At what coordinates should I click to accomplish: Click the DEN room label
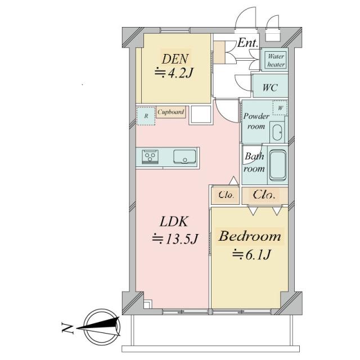tap(175, 59)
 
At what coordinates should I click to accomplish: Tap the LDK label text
tap(174, 222)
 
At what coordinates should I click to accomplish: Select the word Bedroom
tap(250, 236)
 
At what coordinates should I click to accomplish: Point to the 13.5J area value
tap(181, 240)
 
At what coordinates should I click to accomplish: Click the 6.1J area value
tap(258, 255)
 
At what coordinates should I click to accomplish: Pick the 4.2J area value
tap(180, 73)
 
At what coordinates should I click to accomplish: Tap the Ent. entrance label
tap(247, 43)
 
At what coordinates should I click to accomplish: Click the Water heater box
tap(276, 60)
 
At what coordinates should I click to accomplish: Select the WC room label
tap(270, 88)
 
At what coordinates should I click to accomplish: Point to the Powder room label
tap(256, 121)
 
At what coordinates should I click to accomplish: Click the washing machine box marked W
tap(280, 108)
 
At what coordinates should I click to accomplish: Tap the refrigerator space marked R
tap(146, 116)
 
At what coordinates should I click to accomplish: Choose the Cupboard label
tap(171, 112)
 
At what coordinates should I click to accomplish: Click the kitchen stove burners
tap(150, 156)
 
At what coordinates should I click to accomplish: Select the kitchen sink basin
tap(184, 157)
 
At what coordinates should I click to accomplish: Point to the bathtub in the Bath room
tap(277, 165)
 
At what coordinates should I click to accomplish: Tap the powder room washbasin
tap(277, 133)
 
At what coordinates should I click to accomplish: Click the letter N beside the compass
tap(67, 327)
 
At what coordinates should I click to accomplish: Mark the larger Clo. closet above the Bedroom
tap(264, 195)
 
